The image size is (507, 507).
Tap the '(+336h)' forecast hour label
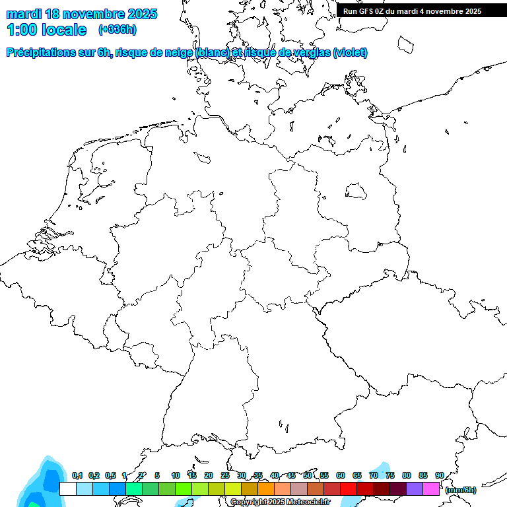[x=118, y=30]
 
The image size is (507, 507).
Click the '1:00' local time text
[x=21, y=30]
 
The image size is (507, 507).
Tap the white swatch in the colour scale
[x=68, y=489]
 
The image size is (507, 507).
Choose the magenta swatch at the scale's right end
[x=431, y=489]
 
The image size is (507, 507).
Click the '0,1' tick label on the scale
[x=77, y=476]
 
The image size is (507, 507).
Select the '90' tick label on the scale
[x=440, y=476]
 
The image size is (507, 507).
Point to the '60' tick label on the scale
[x=341, y=476]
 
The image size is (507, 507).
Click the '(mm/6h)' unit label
[x=461, y=490]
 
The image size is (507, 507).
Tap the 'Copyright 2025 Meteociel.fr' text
[x=280, y=502]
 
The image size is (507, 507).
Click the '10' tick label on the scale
[x=176, y=476]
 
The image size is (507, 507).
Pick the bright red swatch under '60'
[x=349, y=489]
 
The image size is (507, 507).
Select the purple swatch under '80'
[x=415, y=489]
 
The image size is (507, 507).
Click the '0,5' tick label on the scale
[x=110, y=476]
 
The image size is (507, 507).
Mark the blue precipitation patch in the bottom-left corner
[x=36, y=485]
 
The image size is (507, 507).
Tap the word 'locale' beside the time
[x=63, y=30]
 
